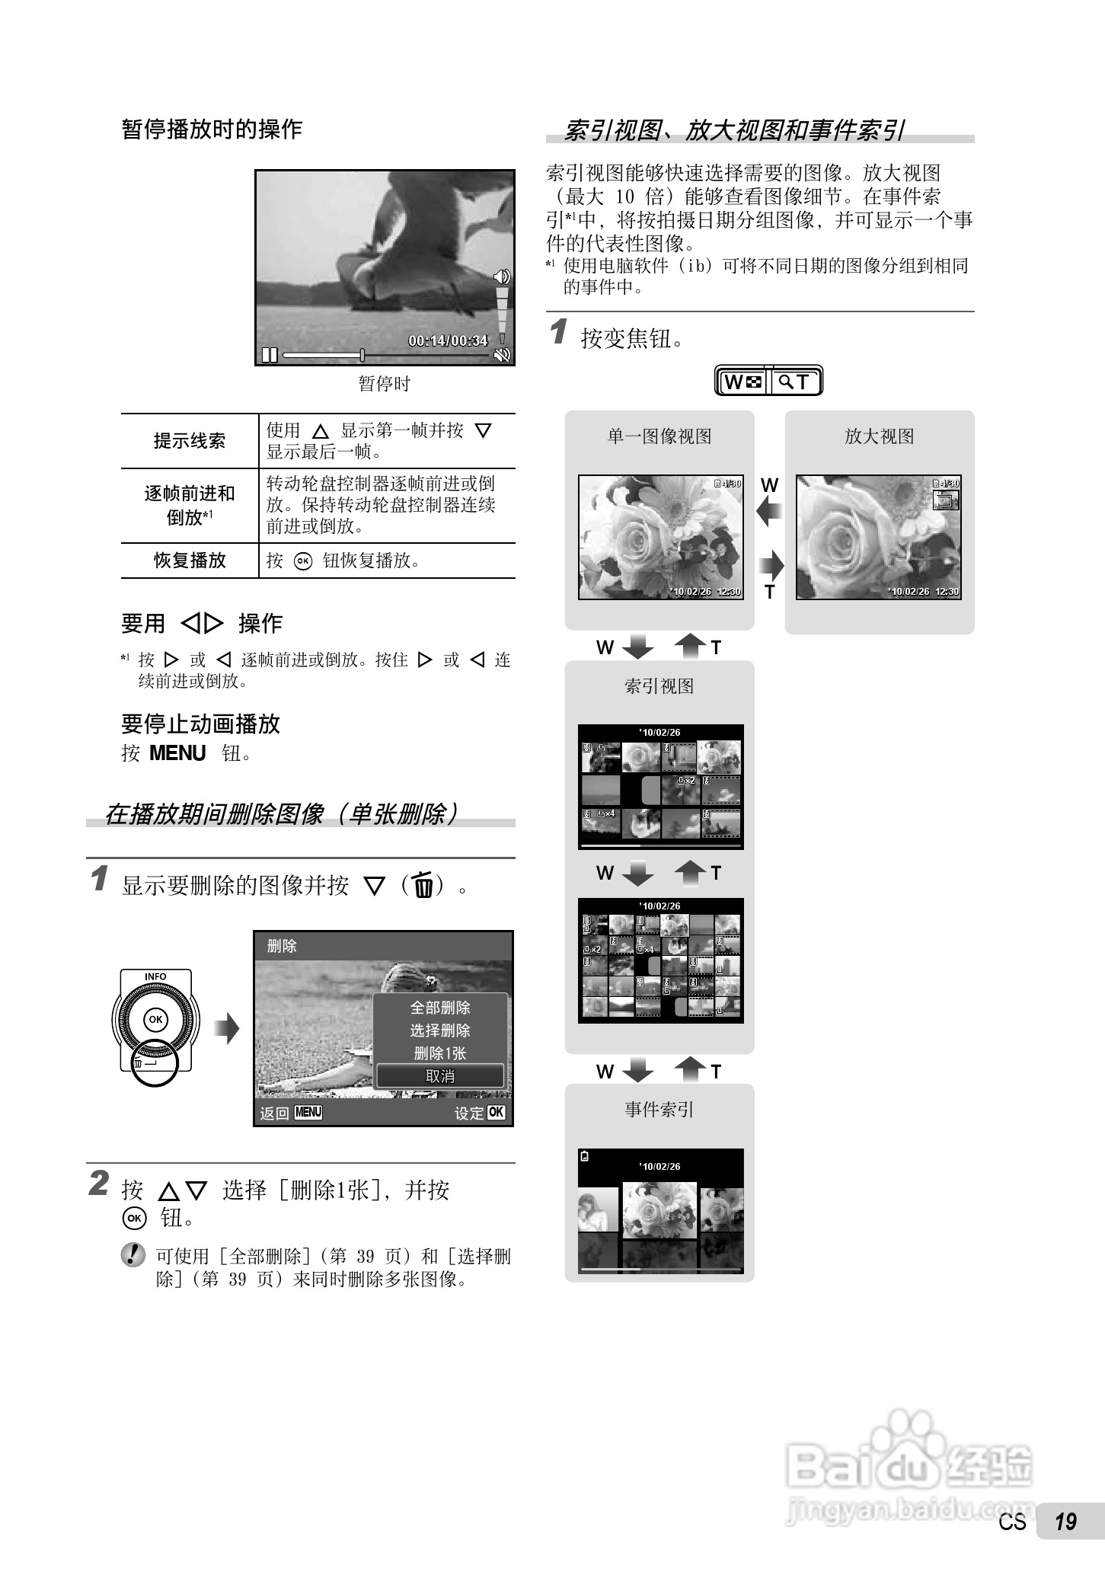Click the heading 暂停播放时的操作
[212, 129]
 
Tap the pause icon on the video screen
[269, 355]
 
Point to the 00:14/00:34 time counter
[448, 340]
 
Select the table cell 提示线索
[190, 441]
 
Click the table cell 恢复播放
[190, 561]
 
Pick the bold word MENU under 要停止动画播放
[177, 753]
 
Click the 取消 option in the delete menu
[440, 1076]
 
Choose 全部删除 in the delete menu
[440, 1008]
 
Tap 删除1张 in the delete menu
[440, 1053]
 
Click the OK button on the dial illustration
[155, 1019]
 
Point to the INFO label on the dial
[155, 976]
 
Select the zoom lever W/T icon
[768, 382]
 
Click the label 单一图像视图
[659, 436]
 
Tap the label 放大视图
[879, 436]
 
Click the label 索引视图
[659, 686]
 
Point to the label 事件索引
[659, 1110]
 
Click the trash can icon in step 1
[423, 886]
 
